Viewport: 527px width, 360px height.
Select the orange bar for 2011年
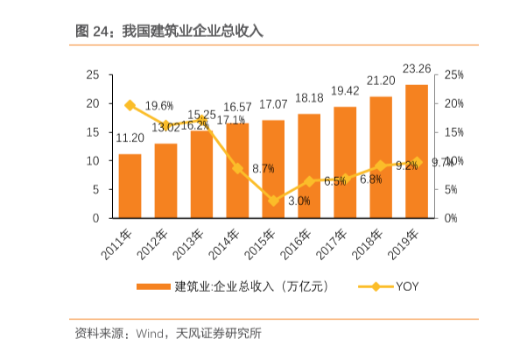point(130,186)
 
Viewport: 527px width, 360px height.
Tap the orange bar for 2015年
point(273,169)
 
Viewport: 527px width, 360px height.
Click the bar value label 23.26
point(416,68)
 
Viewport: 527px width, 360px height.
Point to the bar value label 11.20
point(130,138)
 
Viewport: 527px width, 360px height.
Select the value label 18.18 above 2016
point(309,97)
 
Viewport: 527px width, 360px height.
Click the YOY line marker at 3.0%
point(273,201)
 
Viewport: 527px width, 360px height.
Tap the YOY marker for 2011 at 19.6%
point(130,105)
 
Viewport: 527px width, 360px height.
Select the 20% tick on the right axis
point(453,103)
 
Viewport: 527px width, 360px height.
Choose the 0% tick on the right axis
point(450,218)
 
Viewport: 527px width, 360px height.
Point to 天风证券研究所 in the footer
point(218,333)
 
